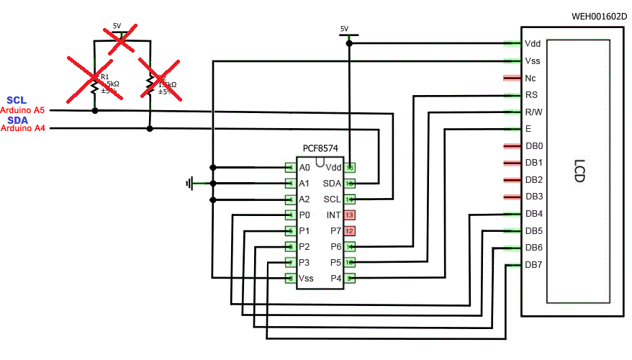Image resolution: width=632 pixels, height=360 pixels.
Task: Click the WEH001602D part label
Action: pyautogui.click(x=598, y=16)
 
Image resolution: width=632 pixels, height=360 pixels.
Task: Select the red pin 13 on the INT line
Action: pyautogui.click(x=350, y=215)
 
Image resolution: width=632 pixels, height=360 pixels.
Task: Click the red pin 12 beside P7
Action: pyautogui.click(x=350, y=231)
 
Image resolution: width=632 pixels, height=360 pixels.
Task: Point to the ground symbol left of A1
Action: pyautogui.click(x=190, y=184)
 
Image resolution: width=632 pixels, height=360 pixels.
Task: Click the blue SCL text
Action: pyautogui.click(x=16, y=100)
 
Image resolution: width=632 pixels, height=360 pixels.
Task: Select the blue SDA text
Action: pyautogui.click(x=17, y=120)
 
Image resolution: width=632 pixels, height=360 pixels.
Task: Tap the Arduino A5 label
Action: pyautogui.click(x=22, y=110)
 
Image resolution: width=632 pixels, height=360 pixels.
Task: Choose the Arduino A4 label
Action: pyautogui.click(x=22, y=129)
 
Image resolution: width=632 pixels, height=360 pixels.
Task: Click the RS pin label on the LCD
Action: pyautogui.click(x=532, y=95)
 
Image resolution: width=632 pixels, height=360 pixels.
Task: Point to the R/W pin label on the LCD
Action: pyautogui.click(x=533, y=112)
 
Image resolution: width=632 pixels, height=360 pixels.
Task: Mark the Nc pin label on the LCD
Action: pyautogui.click(x=531, y=78)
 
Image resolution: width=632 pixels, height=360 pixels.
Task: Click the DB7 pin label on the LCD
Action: pyautogui.click(x=533, y=265)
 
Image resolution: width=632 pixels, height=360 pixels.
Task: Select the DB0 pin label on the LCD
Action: pyautogui.click(x=533, y=146)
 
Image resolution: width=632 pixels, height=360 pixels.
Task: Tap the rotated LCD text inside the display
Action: pyautogui.click(x=579, y=170)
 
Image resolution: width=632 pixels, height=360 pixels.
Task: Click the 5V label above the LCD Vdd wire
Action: pyautogui.click(x=344, y=29)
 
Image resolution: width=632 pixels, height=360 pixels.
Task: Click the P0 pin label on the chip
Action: pyautogui.click(x=304, y=215)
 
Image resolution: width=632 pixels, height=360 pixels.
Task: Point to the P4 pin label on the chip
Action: pyautogui.click(x=335, y=278)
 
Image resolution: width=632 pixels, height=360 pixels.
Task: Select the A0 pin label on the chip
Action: pyautogui.click(x=304, y=168)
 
